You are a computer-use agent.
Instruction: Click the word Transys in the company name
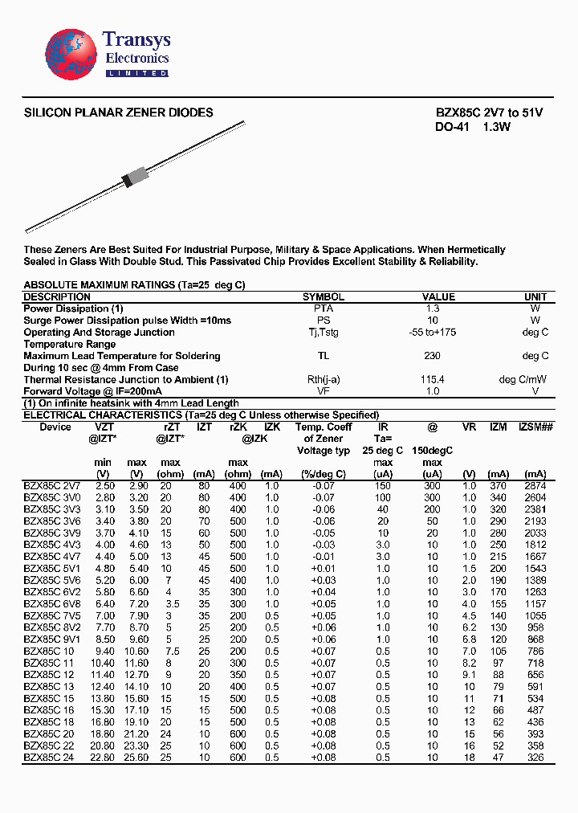(136, 40)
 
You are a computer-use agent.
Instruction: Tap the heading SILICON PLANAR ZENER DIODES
(119, 113)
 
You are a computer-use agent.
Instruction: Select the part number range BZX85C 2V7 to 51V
(489, 113)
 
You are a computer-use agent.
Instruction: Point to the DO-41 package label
(451, 128)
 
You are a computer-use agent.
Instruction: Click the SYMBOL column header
(323, 296)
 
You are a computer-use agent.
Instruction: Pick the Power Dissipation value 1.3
(433, 308)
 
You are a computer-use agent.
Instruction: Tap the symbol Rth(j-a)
(323, 379)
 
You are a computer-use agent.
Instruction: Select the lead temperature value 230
(433, 356)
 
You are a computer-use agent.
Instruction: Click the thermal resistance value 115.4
(433, 379)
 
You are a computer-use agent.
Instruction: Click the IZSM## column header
(536, 427)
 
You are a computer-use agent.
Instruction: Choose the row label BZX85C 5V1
(52, 568)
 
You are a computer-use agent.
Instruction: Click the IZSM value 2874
(535, 486)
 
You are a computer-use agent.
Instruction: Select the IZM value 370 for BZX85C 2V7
(499, 486)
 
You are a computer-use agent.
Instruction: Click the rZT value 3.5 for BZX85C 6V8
(172, 603)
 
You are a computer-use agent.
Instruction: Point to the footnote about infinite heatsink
(131, 403)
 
